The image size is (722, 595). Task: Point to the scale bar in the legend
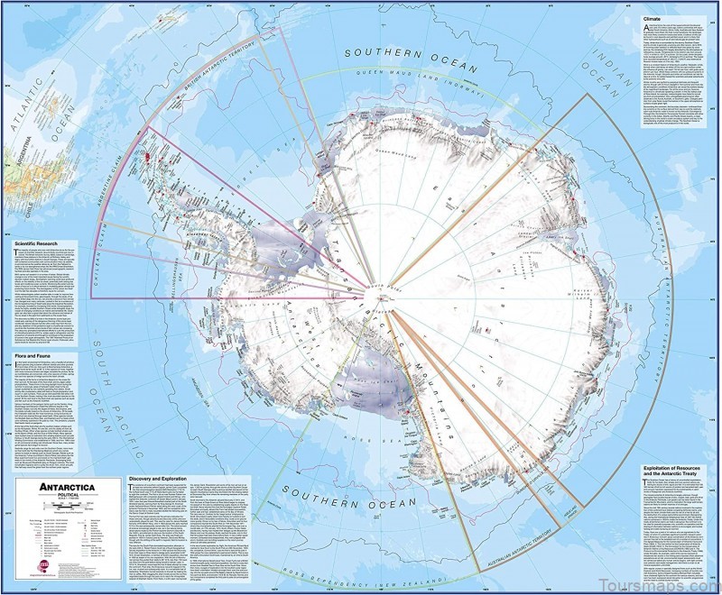pos(63,507)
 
